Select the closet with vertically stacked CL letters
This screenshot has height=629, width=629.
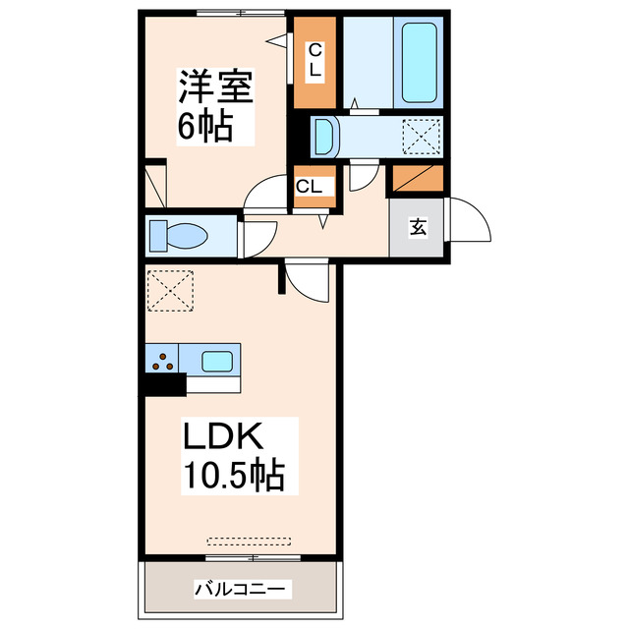(314, 63)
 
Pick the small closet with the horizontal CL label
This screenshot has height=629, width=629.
(314, 186)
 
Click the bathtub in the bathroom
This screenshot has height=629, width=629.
(420, 63)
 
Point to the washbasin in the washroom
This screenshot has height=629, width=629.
(325, 136)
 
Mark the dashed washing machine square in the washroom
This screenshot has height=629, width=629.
(423, 136)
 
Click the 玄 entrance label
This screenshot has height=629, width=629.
(418, 228)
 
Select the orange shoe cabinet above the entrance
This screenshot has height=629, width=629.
(418, 179)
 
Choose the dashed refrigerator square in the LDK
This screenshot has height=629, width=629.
(171, 290)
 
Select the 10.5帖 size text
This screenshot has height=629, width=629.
(233, 476)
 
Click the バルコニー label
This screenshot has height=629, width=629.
(240, 590)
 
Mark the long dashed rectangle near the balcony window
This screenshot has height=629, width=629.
(250, 540)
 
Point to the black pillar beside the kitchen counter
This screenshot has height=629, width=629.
(162, 383)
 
